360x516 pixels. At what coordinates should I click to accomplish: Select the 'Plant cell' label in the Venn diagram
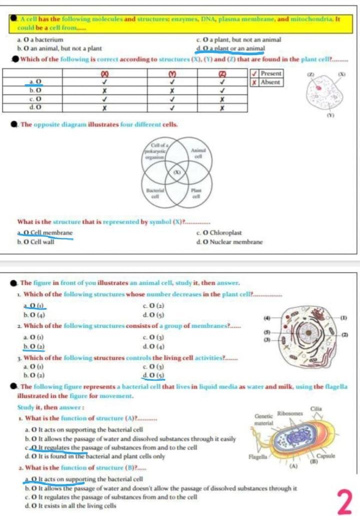click(195, 194)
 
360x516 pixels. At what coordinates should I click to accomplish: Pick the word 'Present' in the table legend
click(270, 73)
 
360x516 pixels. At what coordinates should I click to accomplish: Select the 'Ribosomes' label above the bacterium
click(291, 413)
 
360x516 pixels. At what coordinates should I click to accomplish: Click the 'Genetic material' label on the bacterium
click(263, 420)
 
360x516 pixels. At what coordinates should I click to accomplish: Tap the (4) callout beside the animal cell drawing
click(267, 317)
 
